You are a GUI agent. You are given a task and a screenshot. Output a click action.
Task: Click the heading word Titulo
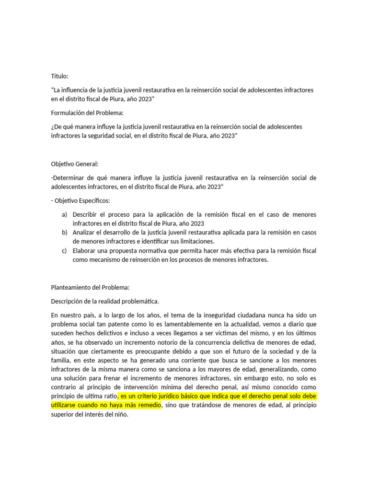pyautogui.click(x=60, y=76)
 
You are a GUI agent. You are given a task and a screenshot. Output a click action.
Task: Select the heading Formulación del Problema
pyautogui.click(x=87, y=113)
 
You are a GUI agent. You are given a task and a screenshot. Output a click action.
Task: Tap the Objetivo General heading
pyautogui.click(x=74, y=164)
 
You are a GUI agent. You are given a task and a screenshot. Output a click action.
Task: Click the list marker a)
pyautogui.click(x=65, y=214)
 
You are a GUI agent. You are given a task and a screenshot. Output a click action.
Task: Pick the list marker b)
pyautogui.click(x=65, y=233)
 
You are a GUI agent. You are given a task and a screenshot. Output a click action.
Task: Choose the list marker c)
pyautogui.click(x=65, y=251)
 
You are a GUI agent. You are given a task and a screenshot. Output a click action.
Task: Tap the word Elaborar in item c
pyautogui.click(x=86, y=251)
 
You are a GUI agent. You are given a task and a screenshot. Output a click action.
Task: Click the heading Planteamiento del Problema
pyautogui.click(x=90, y=287)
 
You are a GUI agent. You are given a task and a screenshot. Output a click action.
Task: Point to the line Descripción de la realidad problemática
pyautogui.click(x=104, y=301)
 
